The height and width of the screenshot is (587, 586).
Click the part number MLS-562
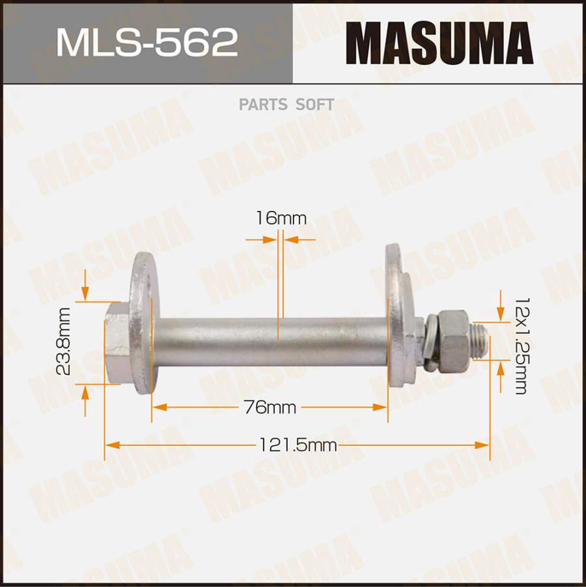pyautogui.click(x=146, y=43)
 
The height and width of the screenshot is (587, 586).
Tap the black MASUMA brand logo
pyautogui.click(x=439, y=43)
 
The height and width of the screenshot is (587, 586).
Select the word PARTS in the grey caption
pyautogui.click(x=263, y=105)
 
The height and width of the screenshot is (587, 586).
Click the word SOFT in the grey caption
pyautogui.click(x=314, y=105)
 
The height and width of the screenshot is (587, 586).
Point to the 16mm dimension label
pyautogui.click(x=281, y=218)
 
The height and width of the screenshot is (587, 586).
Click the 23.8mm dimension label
pyautogui.click(x=63, y=341)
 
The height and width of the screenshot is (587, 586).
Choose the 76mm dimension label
pyautogui.click(x=270, y=407)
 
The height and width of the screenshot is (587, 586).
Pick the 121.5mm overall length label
pyautogui.click(x=298, y=445)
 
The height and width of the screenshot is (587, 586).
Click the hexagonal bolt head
pyautogui.click(x=118, y=342)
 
